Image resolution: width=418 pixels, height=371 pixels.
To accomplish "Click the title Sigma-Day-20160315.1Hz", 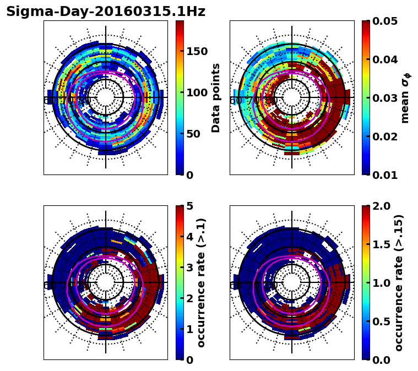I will pyautogui.click(x=106, y=12).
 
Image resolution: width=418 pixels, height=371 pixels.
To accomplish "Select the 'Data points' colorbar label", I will pyautogui.click(x=216, y=98).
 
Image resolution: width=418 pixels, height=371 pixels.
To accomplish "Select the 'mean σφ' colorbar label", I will pyautogui.click(x=405, y=98).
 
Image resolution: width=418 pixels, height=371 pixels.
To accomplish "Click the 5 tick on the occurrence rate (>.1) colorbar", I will pyautogui.click(x=189, y=206).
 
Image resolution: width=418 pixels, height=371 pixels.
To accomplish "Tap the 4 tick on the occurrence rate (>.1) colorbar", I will pyautogui.click(x=189, y=237).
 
